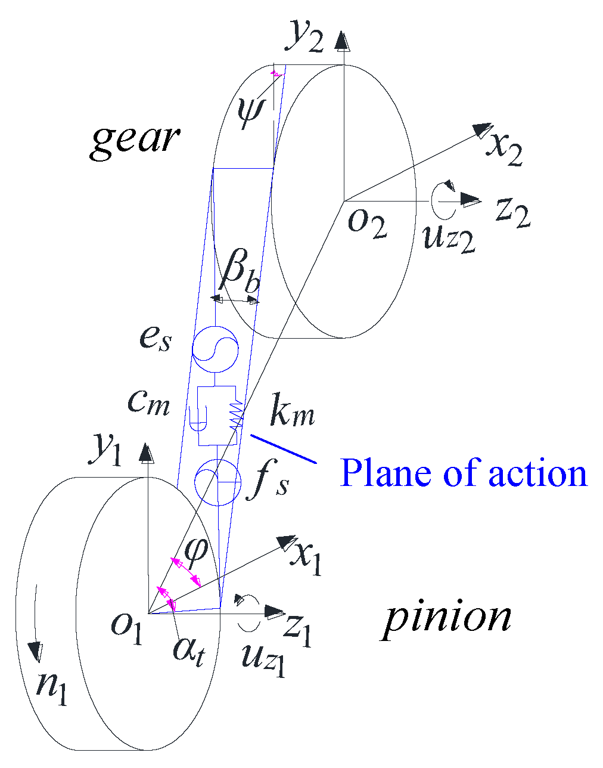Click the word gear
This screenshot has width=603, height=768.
pyautogui.click(x=135, y=140)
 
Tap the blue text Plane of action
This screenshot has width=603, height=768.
pyautogui.click(x=464, y=473)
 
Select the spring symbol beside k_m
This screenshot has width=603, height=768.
pyautogui.click(x=237, y=415)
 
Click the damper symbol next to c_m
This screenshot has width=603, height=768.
pyautogui.click(x=198, y=417)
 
